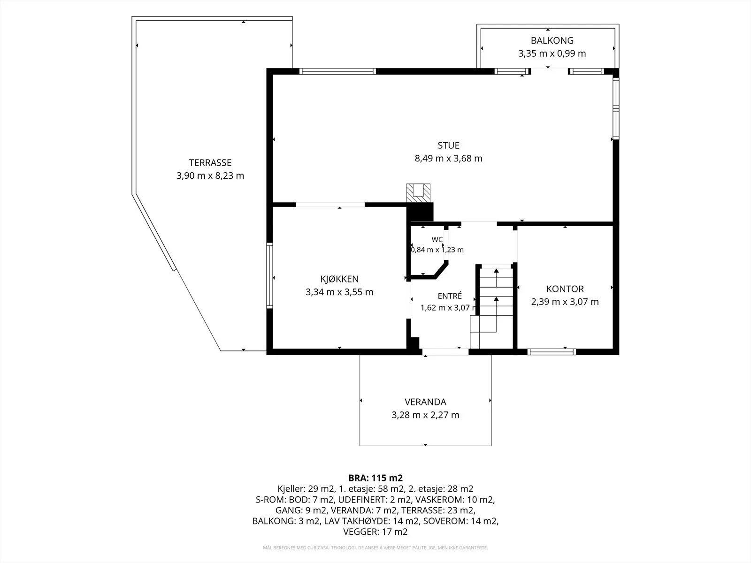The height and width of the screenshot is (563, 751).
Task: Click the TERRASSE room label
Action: coord(210,163)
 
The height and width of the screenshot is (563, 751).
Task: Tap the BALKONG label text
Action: coord(552,41)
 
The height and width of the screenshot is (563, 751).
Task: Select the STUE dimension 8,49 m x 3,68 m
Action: coord(448,159)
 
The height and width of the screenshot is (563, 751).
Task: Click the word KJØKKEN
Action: coord(339,279)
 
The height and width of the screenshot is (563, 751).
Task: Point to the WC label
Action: coord(437,240)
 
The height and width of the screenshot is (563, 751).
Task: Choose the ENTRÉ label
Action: coord(450,296)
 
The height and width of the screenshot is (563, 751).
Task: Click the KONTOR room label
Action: coord(565,289)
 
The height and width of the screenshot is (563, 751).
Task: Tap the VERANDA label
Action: coord(425,402)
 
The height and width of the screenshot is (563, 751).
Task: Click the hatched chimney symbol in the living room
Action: coord(418,193)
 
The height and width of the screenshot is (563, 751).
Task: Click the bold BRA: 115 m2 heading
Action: coord(375,478)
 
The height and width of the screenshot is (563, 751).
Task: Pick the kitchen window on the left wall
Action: coord(269,275)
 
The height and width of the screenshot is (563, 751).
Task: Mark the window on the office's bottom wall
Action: coord(552,352)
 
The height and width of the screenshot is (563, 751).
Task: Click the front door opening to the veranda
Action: coord(445,352)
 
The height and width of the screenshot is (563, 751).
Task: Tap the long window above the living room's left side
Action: coord(337,71)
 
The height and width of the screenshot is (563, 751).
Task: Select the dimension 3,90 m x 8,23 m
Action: coord(210,175)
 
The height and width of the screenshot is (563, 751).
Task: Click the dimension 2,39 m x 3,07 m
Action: coord(565,302)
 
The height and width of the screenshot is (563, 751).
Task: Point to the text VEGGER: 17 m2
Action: coord(375,532)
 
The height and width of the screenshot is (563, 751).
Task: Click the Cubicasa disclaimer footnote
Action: coord(375,548)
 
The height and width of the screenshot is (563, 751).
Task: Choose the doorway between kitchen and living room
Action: coord(330,205)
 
